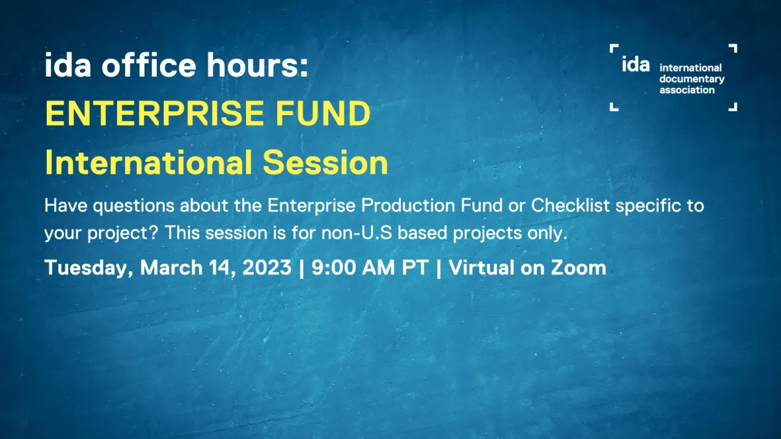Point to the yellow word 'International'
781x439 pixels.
(153, 163)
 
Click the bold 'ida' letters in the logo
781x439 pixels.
(635, 65)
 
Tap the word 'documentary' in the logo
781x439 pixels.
(692, 79)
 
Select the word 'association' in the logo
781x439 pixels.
(687, 90)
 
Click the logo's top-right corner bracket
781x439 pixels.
(732, 48)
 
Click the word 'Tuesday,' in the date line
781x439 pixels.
(89, 268)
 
